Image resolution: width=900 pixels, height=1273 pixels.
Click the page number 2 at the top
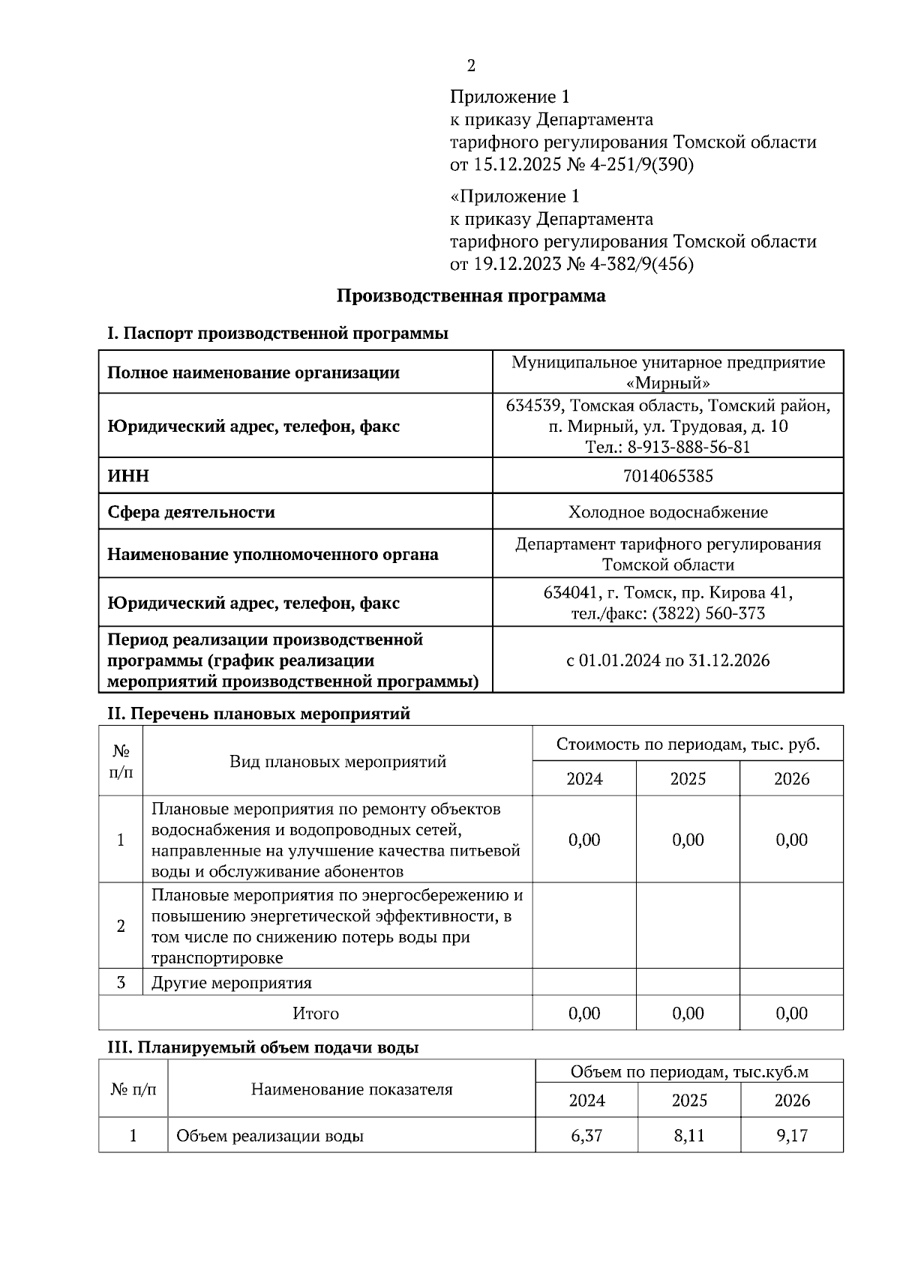point(471,66)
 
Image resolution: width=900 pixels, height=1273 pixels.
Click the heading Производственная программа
point(470,295)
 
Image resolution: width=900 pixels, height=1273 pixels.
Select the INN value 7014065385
point(667,476)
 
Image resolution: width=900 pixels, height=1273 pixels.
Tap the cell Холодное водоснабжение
point(667,512)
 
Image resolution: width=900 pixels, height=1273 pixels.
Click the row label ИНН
point(128,476)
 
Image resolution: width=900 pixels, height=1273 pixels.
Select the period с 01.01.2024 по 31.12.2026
point(667,660)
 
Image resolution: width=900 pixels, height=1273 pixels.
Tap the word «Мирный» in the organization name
point(667,382)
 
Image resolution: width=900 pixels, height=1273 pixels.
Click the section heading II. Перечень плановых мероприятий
point(259,713)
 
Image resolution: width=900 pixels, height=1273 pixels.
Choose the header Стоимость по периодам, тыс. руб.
point(688,744)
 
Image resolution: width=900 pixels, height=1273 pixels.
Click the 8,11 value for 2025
point(688,1136)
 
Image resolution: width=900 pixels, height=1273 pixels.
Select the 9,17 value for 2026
point(792,1136)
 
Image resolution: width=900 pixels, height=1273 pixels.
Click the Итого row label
point(315,1014)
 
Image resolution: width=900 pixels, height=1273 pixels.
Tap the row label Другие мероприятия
point(231,983)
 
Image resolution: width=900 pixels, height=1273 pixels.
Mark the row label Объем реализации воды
point(270,1136)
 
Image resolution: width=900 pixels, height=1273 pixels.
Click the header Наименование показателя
point(351,1089)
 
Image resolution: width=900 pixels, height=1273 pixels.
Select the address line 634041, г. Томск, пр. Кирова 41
point(667,593)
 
